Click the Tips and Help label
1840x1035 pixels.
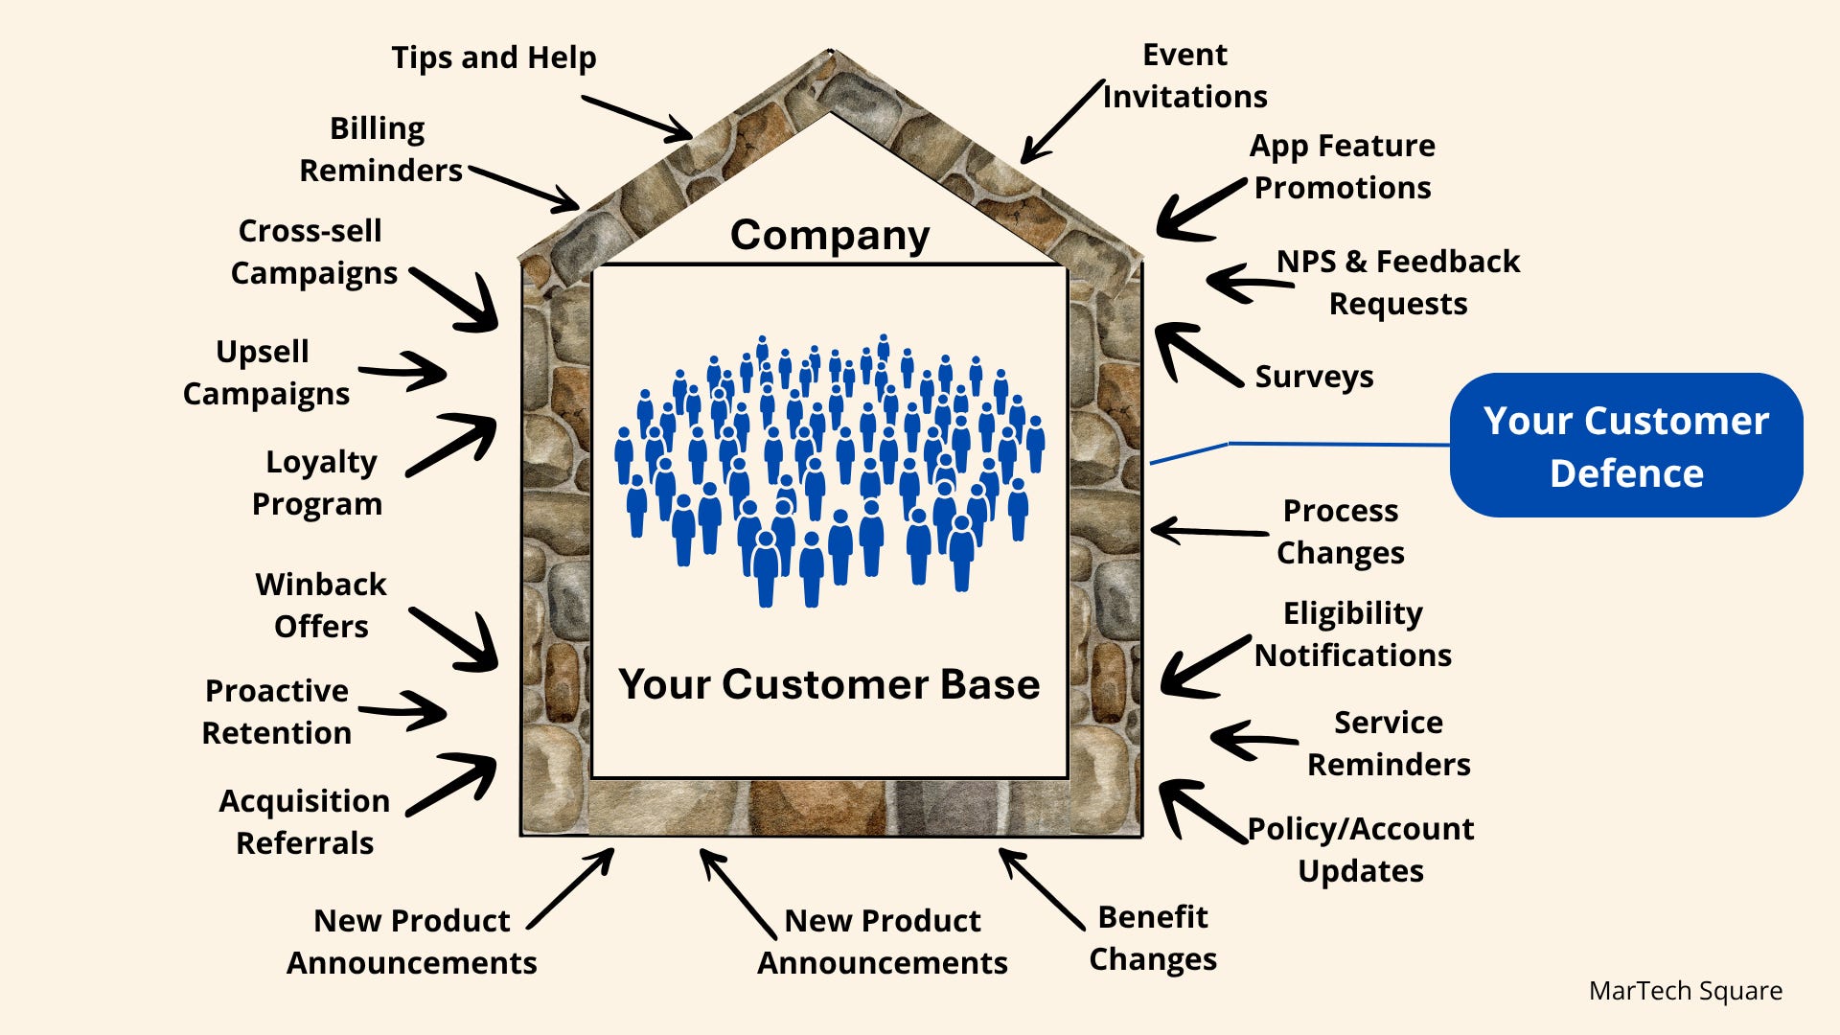point(494,57)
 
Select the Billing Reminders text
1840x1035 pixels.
point(380,149)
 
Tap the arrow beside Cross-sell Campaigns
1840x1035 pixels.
point(454,300)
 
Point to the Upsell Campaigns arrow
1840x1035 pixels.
point(402,371)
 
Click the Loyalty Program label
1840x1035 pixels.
point(317,482)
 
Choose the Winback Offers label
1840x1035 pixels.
point(321,605)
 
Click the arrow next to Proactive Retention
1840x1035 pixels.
point(402,711)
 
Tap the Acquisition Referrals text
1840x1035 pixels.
point(305,821)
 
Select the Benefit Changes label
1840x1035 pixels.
point(1153,938)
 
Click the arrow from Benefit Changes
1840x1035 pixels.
point(1042,889)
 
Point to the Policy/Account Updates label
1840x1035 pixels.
point(1361,849)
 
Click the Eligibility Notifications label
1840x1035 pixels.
point(1353,633)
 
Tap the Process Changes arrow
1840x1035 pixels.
point(1209,531)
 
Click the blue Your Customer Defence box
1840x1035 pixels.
point(1626,446)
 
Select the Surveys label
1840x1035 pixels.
point(1314,377)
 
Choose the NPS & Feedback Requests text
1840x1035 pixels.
point(1398,282)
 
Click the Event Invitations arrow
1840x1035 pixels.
point(1063,122)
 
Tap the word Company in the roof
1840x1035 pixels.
point(830,236)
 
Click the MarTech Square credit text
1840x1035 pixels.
point(1686,991)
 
